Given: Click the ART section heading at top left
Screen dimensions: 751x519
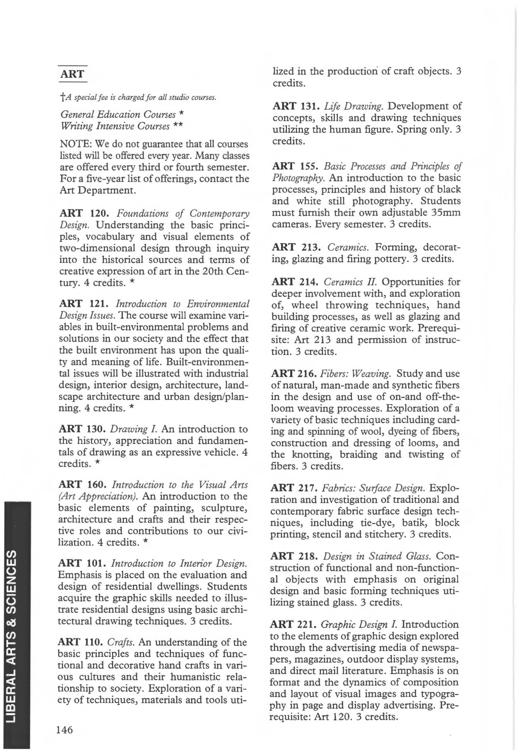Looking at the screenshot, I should [72, 74].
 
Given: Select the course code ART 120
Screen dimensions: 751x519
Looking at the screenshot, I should [82, 213].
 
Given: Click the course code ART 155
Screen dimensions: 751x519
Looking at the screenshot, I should [295, 166].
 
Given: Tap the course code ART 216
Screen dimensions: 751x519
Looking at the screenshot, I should [294, 374].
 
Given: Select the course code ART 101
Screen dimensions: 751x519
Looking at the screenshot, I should [82, 563].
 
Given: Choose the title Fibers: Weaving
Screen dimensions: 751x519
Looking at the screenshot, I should [355, 374].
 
